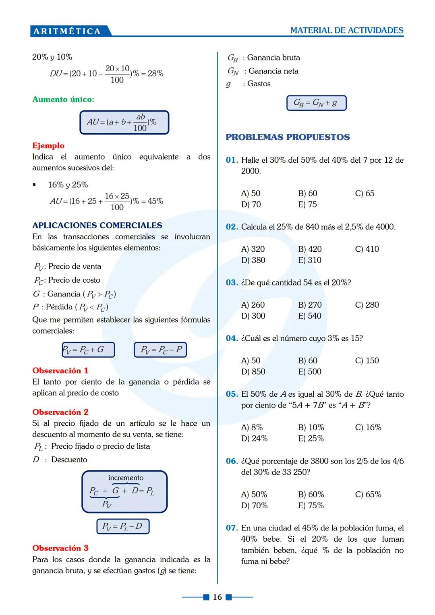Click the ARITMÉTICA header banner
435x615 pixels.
(x=67, y=31)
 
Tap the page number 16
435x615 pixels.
(x=217, y=597)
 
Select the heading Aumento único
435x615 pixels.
(x=63, y=99)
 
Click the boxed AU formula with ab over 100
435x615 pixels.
(x=124, y=122)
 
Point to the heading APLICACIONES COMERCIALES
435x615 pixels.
(x=97, y=226)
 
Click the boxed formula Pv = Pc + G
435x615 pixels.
(x=88, y=350)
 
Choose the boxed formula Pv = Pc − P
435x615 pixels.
(x=160, y=350)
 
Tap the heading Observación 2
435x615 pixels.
(x=60, y=412)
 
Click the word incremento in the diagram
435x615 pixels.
(x=126, y=478)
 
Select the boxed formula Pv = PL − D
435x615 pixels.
(x=123, y=526)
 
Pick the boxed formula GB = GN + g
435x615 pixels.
(x=316, y=103)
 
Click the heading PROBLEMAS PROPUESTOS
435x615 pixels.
(x=288, y=137)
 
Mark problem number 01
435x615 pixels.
(x=232, y=160)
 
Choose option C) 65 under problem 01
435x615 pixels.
(x=365, y=193)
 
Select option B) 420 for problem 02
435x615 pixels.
(x=310, y=249)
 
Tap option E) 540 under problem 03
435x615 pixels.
(x=310, y=316)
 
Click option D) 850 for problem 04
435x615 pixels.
(x=253, y=371)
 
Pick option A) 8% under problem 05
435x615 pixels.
(x=252, y=427)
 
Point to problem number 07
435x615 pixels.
(x=232, y=528)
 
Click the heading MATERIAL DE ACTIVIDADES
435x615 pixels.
(x=346, y=31)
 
